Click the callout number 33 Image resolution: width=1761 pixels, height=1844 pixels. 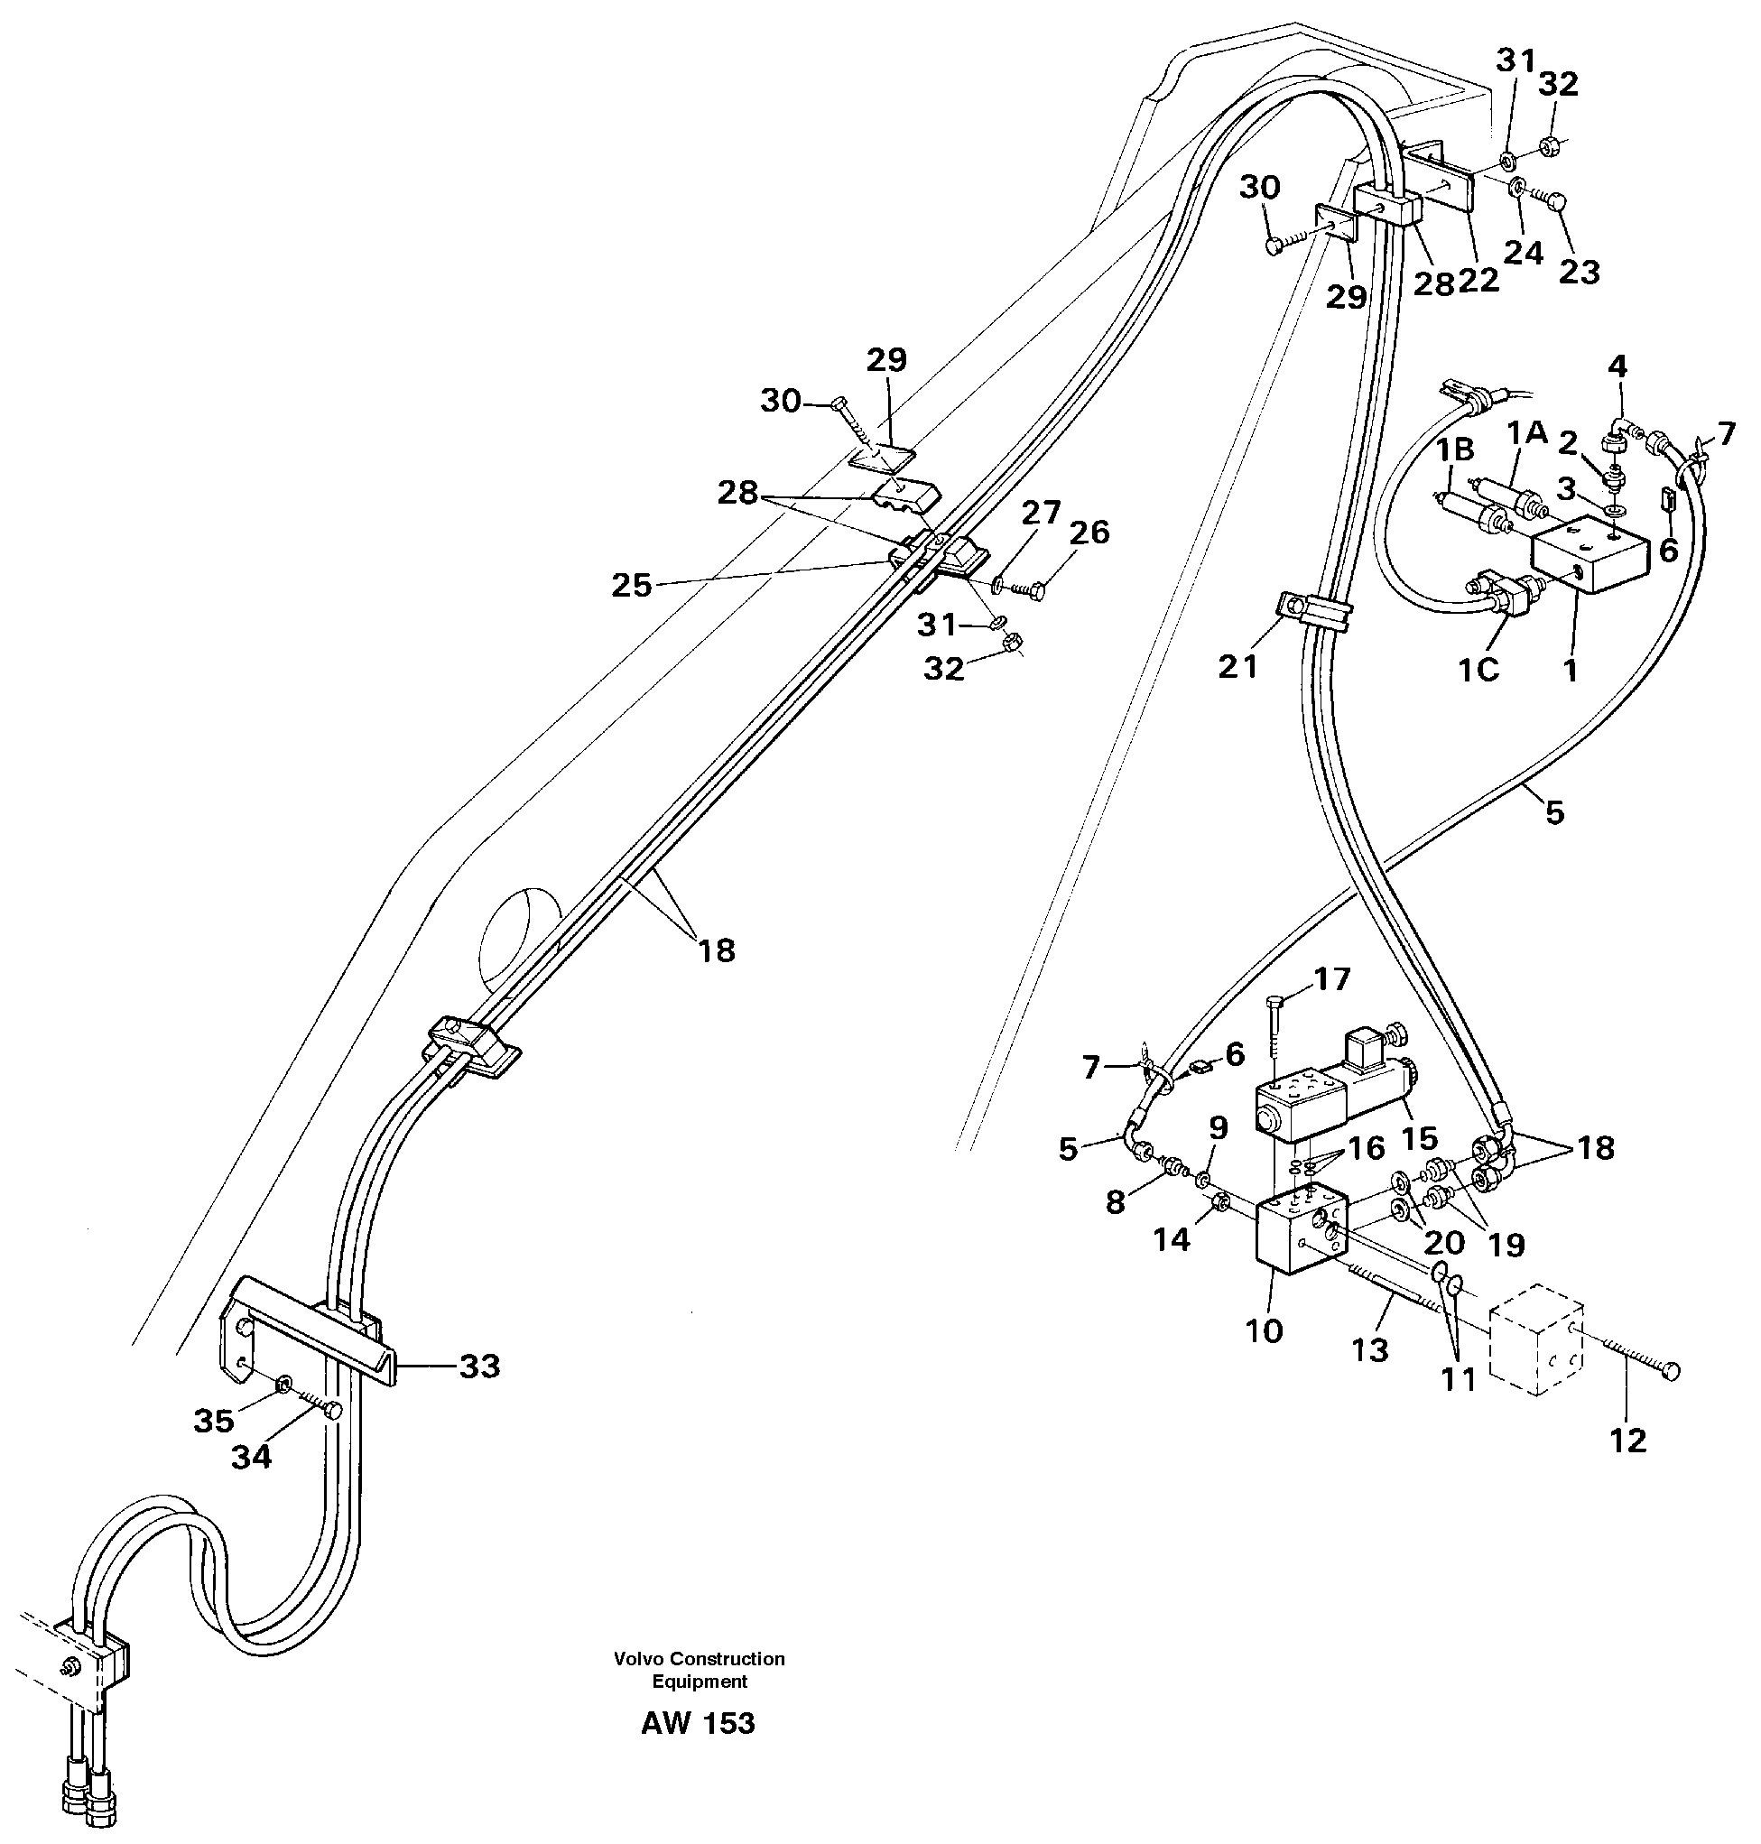(x=478, y=1367)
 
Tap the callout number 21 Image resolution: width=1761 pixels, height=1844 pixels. (x=1237, y=667)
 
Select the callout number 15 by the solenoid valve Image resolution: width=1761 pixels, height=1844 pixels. (x=1418, y=1138)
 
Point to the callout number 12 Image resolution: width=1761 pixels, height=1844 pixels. (x=1627, y=1441)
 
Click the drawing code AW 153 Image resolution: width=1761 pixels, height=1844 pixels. (x=698, y=1723)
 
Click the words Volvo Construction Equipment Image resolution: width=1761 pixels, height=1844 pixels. (x=700, y=1670)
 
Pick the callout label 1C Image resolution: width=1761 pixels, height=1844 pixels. (x=1478, y=670)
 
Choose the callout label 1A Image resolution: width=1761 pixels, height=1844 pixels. (x=1527, y=432)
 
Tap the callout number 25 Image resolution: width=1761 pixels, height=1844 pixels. (x=631, y=585)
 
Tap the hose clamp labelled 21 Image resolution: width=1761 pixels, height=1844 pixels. (x=1312, y=610)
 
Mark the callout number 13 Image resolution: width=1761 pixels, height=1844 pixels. (x=1369, y=1350)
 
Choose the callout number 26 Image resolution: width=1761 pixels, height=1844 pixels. (x=1089, y=533)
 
